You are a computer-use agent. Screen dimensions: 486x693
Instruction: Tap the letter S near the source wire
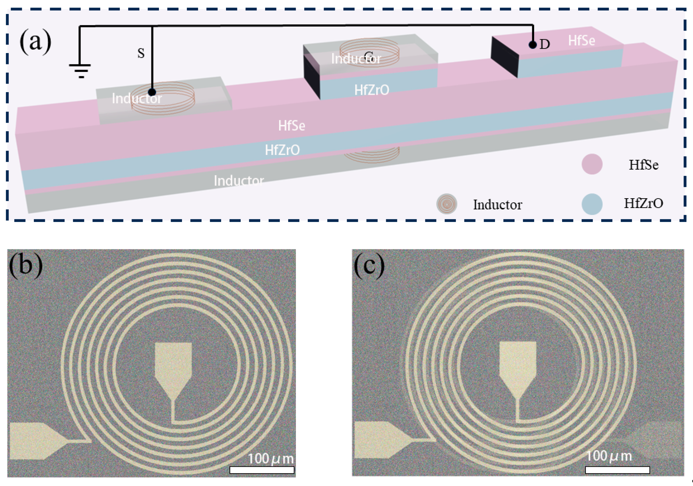(x=141, y=52)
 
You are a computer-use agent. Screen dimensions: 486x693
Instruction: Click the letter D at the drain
(x=544, y=44)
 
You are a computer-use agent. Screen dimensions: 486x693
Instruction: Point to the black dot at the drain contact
(x=533, y=45)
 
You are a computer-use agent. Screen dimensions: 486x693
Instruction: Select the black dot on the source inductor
(x=152, y=92)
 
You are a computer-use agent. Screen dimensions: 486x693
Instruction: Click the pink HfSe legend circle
(x=592, y=164)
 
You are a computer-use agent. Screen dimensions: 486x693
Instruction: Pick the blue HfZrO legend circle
(x=592, y=204)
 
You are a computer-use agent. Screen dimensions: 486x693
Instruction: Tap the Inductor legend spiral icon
(x=447, y=204)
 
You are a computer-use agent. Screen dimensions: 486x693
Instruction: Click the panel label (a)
(x=35, y=41)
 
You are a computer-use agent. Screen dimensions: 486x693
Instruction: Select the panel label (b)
(x=26, y=265)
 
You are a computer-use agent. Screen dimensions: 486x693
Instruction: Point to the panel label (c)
(x=369, y=265)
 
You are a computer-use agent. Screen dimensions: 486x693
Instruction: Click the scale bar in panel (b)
(x=262, y=470)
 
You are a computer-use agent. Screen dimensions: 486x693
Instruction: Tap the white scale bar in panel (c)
(x=617, y=470)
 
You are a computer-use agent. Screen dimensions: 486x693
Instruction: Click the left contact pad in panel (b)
(x=33, y=441)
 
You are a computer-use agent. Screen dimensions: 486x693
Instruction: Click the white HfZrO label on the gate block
(x=372, y=90)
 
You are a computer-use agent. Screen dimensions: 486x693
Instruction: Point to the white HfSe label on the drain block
(x=582, y=41)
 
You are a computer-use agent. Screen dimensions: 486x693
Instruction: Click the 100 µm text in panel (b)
(x=271, y=458)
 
